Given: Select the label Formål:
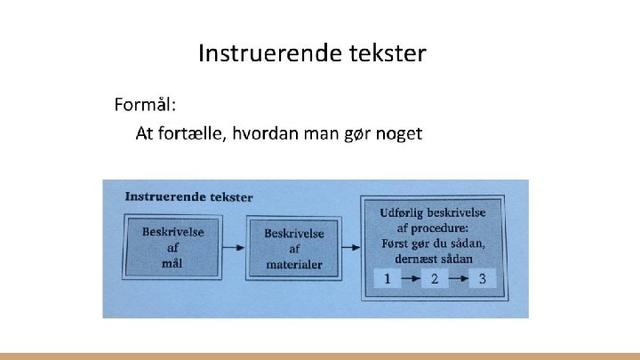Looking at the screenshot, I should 146,106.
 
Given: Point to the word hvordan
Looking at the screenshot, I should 266,134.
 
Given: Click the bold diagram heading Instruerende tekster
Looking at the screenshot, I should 188,196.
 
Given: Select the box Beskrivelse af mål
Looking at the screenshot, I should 172,246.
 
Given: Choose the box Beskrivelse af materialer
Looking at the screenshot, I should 294,248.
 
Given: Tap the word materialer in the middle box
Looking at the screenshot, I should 294,264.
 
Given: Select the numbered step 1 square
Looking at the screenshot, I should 388,278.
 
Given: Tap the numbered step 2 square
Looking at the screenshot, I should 435,278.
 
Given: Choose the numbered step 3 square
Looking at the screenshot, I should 482,278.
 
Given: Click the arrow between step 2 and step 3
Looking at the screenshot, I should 458,278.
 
